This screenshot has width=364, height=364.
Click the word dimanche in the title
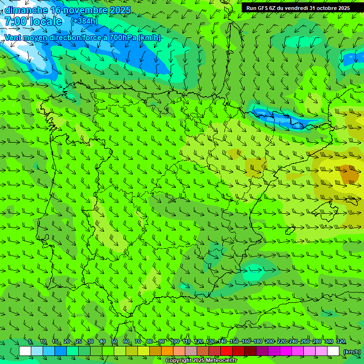pos(26,10)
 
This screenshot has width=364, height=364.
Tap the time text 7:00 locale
pos(33,21)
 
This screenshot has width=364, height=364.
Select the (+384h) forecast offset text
pos(84,21)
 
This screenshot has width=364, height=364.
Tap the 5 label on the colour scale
pos(30,342)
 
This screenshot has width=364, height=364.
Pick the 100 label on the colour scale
pos(174,342)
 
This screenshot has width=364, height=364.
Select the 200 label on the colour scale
pos(269,342)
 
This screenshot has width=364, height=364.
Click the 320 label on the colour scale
pos(340,342)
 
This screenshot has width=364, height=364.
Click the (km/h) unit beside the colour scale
pos(352,352)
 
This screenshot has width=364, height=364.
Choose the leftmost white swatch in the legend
pos(25,351)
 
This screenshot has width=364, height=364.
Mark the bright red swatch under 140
pos(227,351)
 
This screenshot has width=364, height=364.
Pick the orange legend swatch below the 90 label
pos(167,351)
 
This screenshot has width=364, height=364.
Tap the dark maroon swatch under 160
pos(250,351)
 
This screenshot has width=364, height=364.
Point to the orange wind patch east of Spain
pos(350,174)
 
